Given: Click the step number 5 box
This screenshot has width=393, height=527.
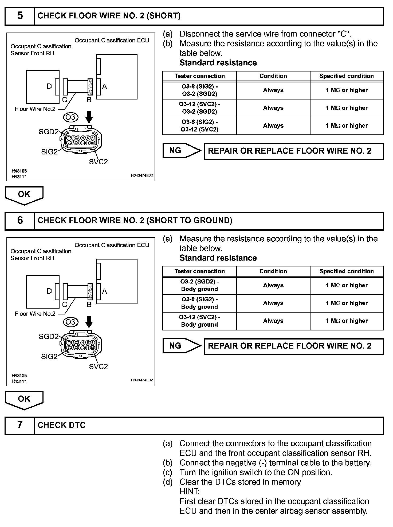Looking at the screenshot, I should [20, 16].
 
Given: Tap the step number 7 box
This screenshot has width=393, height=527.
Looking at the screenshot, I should [20, 425].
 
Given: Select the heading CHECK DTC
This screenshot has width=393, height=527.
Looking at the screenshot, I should [61, 425].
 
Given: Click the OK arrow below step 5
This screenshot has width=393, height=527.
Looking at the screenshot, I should [24, 195].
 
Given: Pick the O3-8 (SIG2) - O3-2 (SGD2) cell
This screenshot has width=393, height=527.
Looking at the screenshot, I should [199, 90].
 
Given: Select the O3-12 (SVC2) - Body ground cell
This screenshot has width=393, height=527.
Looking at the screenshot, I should [199, 321].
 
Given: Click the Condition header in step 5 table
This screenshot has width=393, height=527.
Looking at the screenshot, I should [273, 76].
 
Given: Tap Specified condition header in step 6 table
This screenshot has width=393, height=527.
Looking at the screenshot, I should [346, 271].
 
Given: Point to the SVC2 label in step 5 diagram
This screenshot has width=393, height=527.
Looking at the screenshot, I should [98, 162].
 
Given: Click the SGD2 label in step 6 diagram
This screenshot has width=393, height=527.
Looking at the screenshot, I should [49, 337].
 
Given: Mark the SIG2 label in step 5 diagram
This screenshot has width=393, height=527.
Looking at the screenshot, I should [49, 152].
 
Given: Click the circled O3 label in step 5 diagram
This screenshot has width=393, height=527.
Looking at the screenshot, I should [71, 117].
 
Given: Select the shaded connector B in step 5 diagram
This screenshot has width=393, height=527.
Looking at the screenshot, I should [90, 87].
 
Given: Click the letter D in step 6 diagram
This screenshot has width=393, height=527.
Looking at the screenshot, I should [49, 291].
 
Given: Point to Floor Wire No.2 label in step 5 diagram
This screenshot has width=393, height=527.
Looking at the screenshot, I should [35, 109].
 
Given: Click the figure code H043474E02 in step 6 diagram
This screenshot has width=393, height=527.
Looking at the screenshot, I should [142, 380].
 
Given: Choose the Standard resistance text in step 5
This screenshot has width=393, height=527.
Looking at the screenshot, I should [218, 63].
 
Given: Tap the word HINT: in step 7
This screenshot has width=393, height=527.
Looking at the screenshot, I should [190, 492].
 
